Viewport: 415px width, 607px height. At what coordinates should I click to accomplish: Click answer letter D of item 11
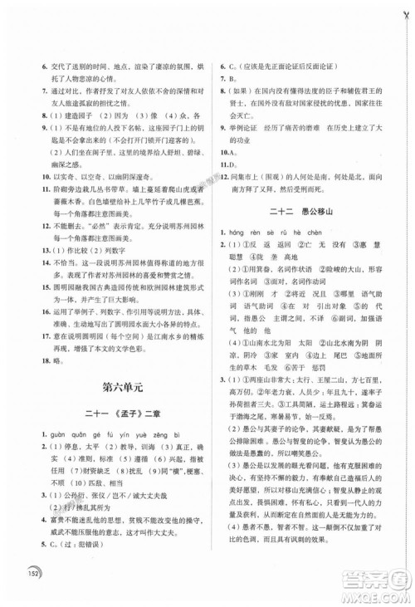[227, 165]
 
